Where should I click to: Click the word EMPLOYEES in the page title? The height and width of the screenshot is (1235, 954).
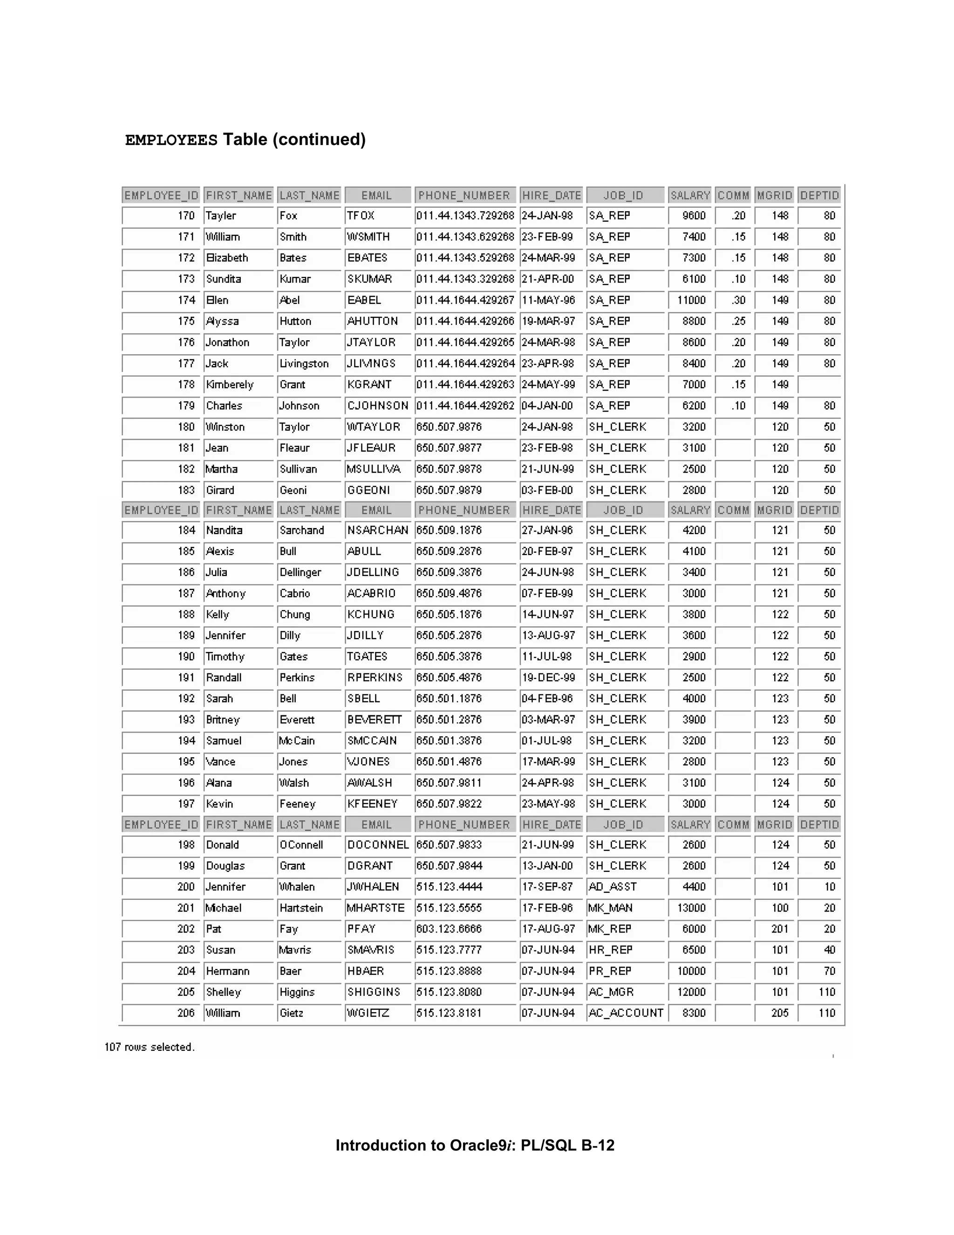(171, 140)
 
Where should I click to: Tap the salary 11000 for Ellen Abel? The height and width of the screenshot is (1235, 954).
(691, 300)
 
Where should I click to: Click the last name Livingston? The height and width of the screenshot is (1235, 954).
(304, 364)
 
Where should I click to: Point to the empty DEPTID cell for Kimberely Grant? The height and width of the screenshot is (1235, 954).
(819, 384)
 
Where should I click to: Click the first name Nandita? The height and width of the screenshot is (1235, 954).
(225, 530)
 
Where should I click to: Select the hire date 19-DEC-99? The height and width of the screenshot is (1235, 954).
(548, 678)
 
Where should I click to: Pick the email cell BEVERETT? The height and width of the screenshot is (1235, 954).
(374, 720)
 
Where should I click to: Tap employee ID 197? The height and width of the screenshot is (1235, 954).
(186, 804)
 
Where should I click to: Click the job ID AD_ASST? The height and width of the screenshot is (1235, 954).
(613, 887)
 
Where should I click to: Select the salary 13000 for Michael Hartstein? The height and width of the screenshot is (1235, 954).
(691, 908)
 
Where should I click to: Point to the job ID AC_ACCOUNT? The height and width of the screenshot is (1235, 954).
(626, 1013)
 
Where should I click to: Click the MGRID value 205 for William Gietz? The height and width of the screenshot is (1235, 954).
(780, 1013)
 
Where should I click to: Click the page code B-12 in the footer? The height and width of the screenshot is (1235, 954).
(597, 1145)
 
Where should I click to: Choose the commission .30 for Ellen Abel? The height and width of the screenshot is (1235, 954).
(738, 300)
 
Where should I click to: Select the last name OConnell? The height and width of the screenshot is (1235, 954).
(301, 845)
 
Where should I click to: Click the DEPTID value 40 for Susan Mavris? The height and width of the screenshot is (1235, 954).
(829, 950)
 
